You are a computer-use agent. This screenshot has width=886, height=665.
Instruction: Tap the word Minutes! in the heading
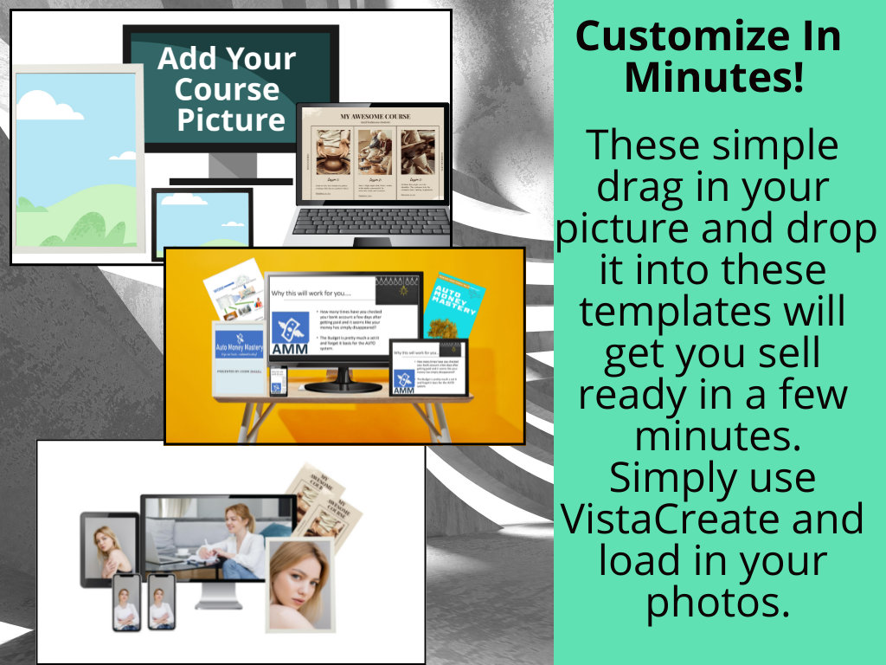tap(714, 78)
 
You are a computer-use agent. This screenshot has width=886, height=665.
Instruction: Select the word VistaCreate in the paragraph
tap(712, 519)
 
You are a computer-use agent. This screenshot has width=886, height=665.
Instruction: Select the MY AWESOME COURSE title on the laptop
tap(371, 116)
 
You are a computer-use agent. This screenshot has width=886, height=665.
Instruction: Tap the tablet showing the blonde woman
tap(109, 545)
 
